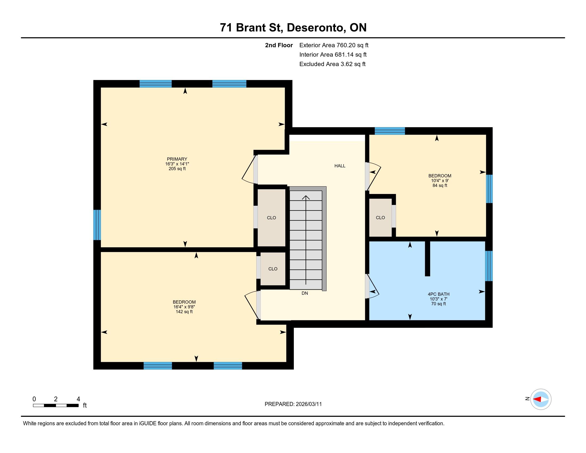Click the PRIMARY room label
pyautogui.click(x=177, y=159)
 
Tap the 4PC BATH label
pyautogui.click(x=438, y=294)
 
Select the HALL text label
pyautogui.click(x=340, y=166)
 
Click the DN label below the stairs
pyautogui.click(x=304, y=293)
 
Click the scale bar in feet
pyautogui.click(x=56, y=405)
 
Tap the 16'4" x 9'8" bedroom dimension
pyautogui.click(x=184, y=307)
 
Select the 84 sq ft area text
pyautogui.click(x=440, y=185)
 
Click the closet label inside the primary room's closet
pyautogui.click(x=271, y=218)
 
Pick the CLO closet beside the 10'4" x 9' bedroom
pyautogui.click(x=380, y=218)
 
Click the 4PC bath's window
pyautogui.click(x=489, y=266)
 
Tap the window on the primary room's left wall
pyautogui.click(x=97, y=225)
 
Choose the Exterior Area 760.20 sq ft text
pyautogui.click(x=334, y=45)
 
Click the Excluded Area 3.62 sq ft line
pyautogui.click(x=332, y=64)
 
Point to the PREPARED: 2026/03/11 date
pyautogui.click(x=293, y=404)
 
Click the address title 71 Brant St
pyautogui.click(x=251, y=28)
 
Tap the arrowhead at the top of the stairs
pyautogui.click(x=306, y=197)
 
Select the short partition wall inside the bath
pyautogui.click(x=428, y=258)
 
